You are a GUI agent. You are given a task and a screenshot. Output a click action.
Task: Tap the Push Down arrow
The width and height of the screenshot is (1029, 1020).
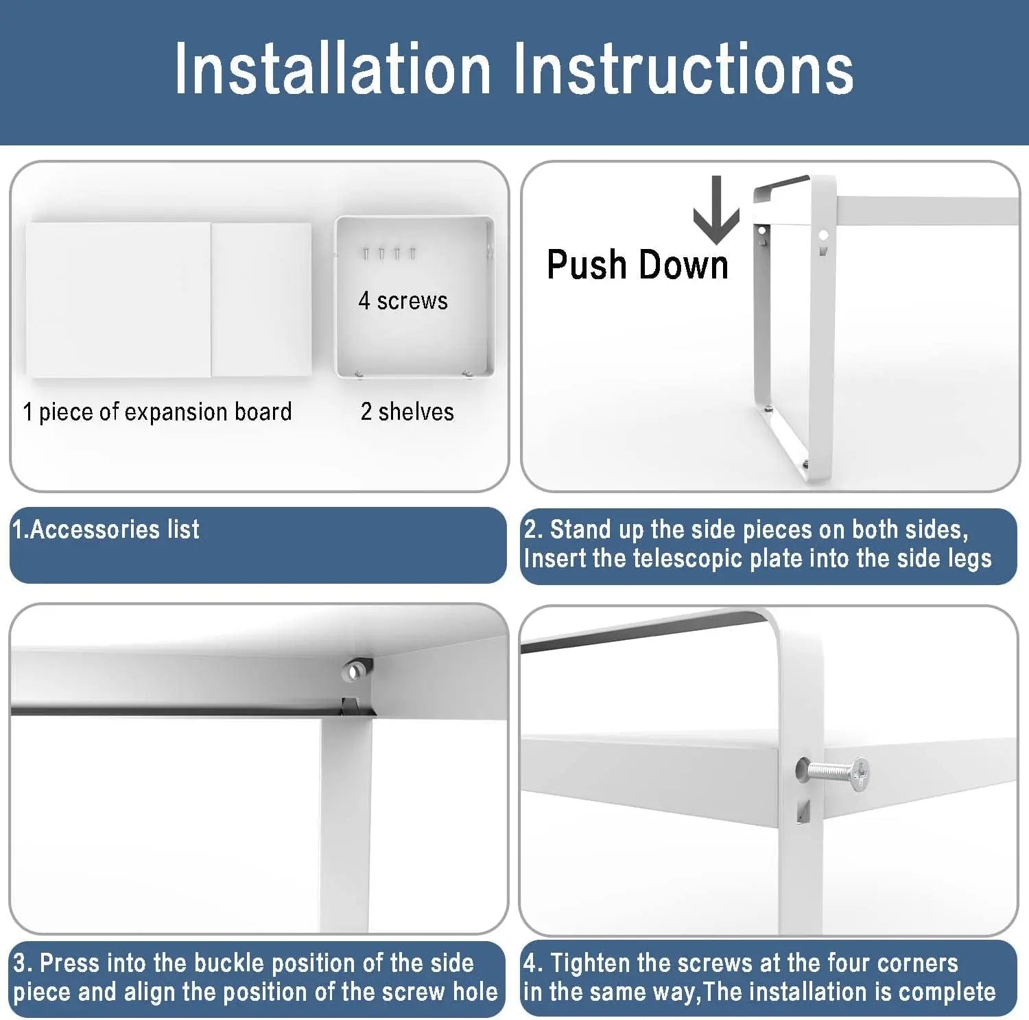pos(716,210)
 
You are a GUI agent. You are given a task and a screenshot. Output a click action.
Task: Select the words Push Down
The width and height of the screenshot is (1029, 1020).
pos(637,265)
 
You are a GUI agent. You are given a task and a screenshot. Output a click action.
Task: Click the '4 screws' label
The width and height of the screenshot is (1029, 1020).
pos(403,300)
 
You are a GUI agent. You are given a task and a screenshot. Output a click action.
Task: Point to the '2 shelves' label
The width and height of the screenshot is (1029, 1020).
pos(407,412)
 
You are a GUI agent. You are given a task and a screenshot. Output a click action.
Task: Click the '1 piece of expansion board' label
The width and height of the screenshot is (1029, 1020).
pos(157,412)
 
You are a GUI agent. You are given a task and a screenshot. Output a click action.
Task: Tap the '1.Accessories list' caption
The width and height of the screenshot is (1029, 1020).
pos(106,529)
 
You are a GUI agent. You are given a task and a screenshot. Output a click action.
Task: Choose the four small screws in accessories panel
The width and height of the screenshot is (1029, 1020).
pos(390,254)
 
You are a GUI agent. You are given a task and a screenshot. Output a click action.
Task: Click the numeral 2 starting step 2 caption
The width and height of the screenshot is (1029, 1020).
pos(530,530)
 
